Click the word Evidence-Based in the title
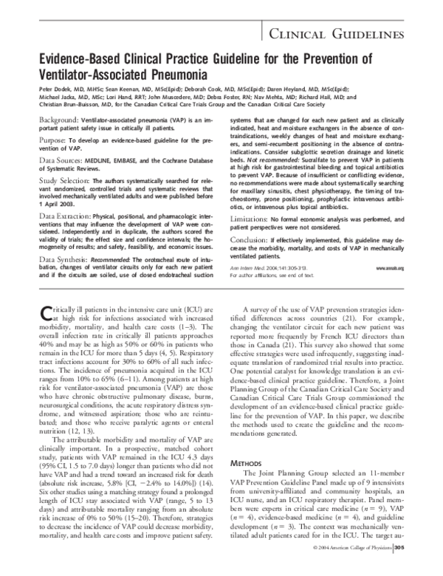click(80, 61)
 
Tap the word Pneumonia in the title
click(171, 75)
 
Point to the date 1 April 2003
click(58, 202)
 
